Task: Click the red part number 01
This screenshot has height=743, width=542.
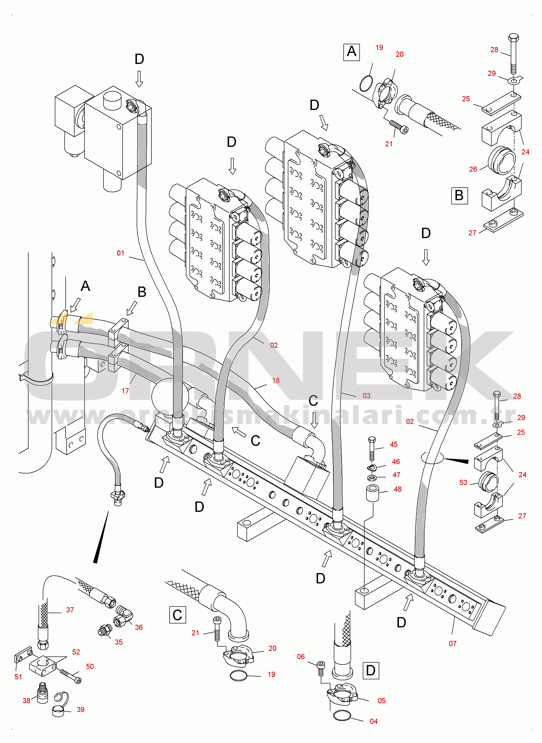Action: coord(120,253)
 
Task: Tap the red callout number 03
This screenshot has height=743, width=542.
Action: coord(366,396)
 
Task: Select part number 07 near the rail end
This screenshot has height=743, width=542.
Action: coord(453,644)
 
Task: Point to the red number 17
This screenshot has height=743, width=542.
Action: coord(125,391)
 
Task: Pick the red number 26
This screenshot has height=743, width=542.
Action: coord(473,169)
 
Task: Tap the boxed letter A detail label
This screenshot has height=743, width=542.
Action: coord(352,52)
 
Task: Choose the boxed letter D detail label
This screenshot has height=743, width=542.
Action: coord(371,670)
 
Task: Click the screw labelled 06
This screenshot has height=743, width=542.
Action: coord(321,667)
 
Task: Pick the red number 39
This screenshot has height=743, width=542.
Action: coord(80,710)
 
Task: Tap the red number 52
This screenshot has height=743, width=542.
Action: coord(76,652)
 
